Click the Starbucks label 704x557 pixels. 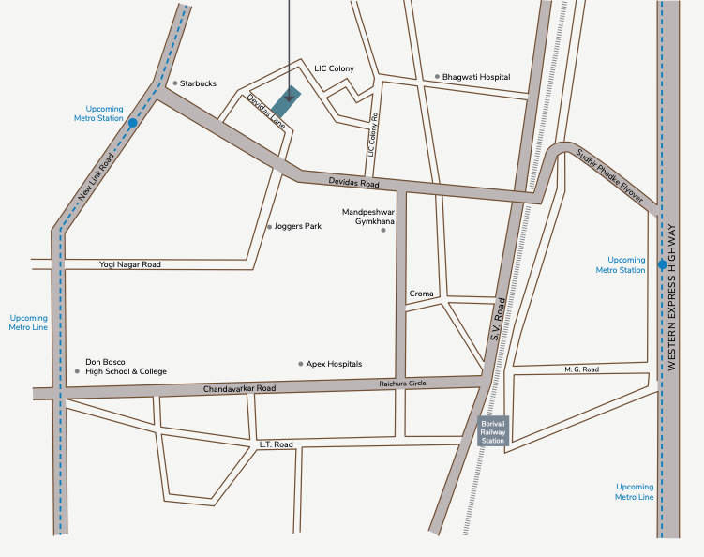pyautogui.click(x=198, y=83)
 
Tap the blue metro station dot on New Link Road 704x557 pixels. pyautogui.click(x=133, y=122)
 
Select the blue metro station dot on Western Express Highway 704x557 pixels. pyautogui.click(x=662, y=264)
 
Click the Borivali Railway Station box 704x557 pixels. pyautogui.click(x=492, y=430)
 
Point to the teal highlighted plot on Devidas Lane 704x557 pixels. pyautogui.click(x=287, y=102)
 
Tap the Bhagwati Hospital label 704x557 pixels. pyautogui.click(x=476, y=76)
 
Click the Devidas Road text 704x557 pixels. pyautogui.click(x=352, y=182)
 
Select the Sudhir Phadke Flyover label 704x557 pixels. pyautogui.click(x=610, y=175)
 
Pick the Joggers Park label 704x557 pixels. pyautogui.click(x=299, y=226)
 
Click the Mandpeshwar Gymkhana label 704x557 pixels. pyautogui.click(x=368, y=218)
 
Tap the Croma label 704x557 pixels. pyautogui.click(x=422, y=294)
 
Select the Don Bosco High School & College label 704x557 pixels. pyautogui.click(x=126, y=367)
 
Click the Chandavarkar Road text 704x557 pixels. pyautogui.click(x=240, y=388)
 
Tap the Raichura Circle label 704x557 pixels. pyautogui.click(x=403, y=384)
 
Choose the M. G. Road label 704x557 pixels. pyautogui.click(x=581, y=369)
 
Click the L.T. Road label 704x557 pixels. pyautogui.click(x=276, y=444)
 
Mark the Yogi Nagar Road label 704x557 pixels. pyautogui.click(x=130, y=264)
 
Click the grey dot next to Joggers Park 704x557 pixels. pyautogui.click(x=269, y=227)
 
